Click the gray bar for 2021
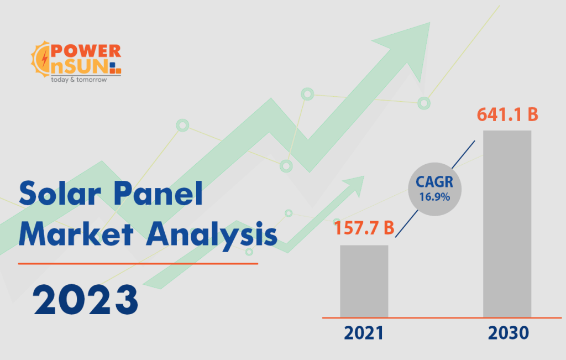point(364,281)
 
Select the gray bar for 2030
point(507,223)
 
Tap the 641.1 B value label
point(507,115)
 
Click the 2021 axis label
point(364,333)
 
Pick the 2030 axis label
point(508,333)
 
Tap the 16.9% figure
point(434,197)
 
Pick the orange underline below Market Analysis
point(138,264)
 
